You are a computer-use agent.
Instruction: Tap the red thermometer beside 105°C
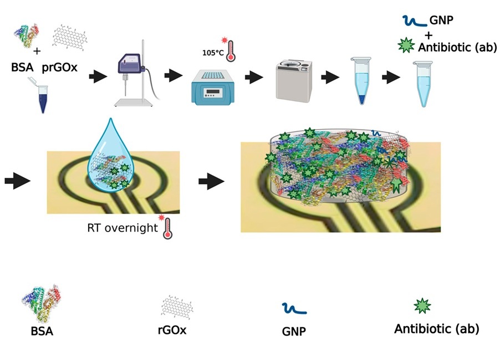click(x=230, y=48)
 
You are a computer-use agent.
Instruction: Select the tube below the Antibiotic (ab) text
click(x=424, y=83)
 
